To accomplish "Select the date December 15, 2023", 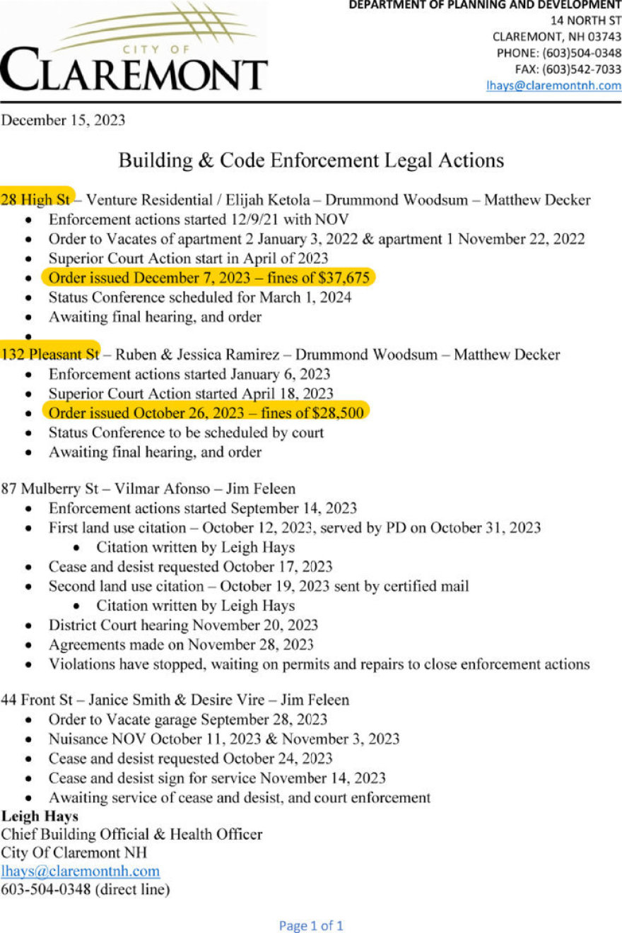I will pyautogui.click(x=63, y=120).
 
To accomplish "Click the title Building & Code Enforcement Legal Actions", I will pyautogui.click(x=311, y=160).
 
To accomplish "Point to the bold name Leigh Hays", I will pyautogui.click(x=40, y=816).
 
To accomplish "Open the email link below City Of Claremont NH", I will pyautogui.click(x=81, y=871).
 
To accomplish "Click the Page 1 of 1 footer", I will pyautogui.click(x=311, y=925).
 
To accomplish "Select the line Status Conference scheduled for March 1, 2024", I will pyautogui.click(x=200, y=297).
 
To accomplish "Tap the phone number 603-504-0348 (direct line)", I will pyautogui.click(x=86, y=889).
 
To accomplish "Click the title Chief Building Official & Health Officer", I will pyautogui.click(x=131, y=834).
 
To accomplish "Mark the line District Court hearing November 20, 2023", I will pyautogui.click(x=183, y=625).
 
